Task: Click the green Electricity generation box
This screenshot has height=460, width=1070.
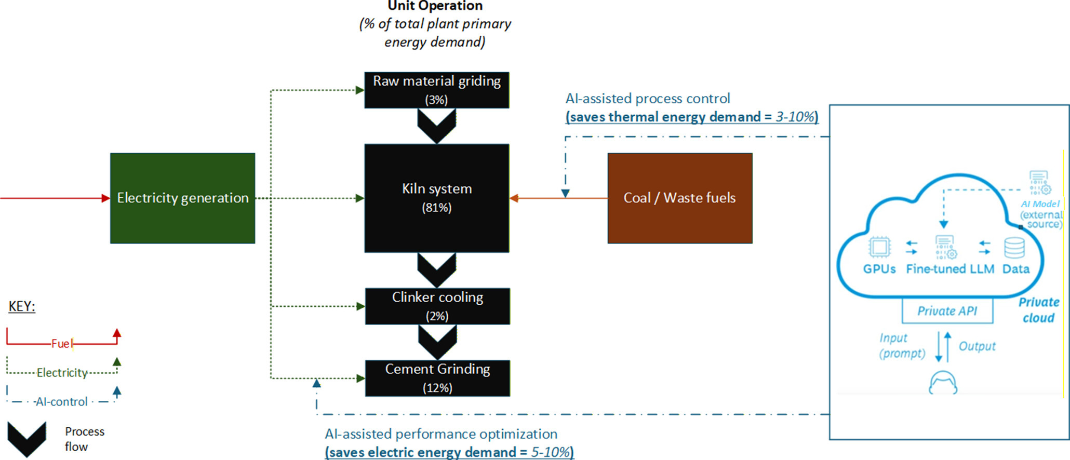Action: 182,198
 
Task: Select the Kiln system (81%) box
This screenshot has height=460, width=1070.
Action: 437,198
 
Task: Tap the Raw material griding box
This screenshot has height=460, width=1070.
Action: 437,90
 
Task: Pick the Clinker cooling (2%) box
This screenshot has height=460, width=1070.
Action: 437,306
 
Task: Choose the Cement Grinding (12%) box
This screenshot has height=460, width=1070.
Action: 437,378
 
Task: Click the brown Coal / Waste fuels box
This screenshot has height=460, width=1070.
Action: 680,198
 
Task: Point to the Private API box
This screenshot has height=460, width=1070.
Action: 947,310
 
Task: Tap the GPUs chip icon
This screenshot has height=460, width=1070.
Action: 879,247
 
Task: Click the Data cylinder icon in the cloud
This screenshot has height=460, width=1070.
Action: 1014,248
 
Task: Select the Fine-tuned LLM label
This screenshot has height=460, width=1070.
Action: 950,269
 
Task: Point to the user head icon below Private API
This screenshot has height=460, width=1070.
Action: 943,383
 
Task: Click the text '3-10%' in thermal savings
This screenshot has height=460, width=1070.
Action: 795,117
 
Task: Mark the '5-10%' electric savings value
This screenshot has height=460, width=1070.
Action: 550,452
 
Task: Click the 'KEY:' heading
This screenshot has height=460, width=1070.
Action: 22,306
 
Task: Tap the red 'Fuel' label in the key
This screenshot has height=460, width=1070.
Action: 61,344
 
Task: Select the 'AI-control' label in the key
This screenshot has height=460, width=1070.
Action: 61,402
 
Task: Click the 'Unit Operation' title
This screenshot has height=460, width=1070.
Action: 435,6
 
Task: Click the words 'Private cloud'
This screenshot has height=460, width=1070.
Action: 1039,310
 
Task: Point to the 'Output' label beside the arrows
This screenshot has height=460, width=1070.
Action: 977,346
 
